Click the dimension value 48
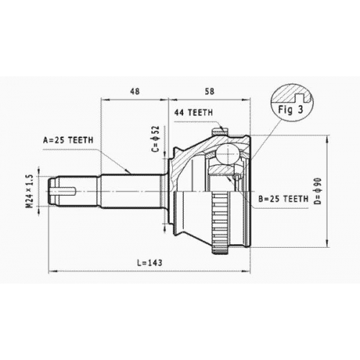(x=135, y=91)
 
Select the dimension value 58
(x=209, y=91)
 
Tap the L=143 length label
(x=150, y=263)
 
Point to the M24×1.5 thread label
(x=30, y=192)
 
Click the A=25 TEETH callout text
(x=68, y=140)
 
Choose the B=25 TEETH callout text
(x=283, y=199)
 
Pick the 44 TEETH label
(x=194, y=112)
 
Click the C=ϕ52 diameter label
(x=156, y=139)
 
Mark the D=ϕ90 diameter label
(x=318, y=192)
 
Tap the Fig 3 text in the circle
(x=291, y=109)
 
